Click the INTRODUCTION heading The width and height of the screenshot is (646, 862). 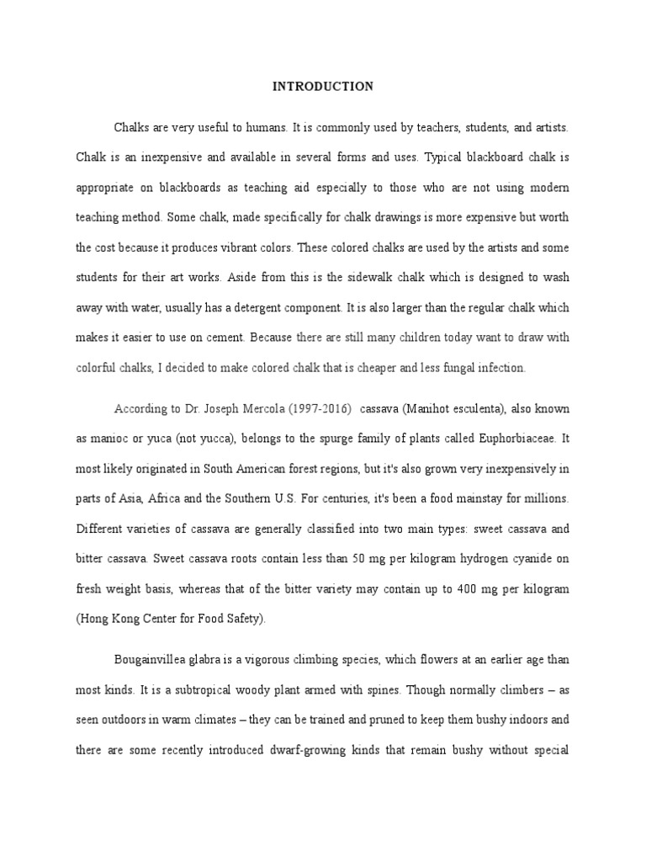pyautogui.click(x=323, y=86)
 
